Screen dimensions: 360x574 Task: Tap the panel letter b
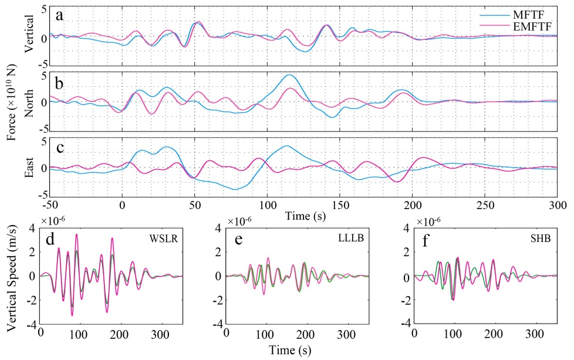pos(60,79)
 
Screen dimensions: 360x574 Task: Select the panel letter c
pos(60,146)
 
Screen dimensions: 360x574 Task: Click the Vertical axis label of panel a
pos(28,35)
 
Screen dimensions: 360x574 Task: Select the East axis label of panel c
pos(28,168)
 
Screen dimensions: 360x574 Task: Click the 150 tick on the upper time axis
pos(340,206)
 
